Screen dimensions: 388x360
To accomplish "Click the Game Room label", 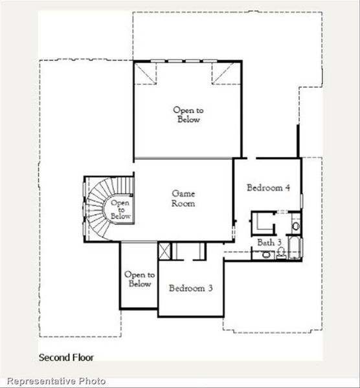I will tap(183, 198).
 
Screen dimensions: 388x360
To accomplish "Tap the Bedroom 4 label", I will tap(268, 188).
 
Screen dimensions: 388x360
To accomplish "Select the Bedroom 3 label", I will tap(191, 288).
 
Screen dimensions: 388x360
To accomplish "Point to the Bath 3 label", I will tap(269, 242).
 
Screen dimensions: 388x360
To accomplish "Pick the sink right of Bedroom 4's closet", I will tap(295, 226).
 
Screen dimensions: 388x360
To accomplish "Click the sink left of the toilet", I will tap(265, 255).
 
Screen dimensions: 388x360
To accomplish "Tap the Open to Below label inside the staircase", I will tap(120, 210).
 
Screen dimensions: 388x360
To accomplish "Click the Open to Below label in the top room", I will tap(186, 115).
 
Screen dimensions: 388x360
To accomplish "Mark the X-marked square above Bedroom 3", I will tap(165, 250).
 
